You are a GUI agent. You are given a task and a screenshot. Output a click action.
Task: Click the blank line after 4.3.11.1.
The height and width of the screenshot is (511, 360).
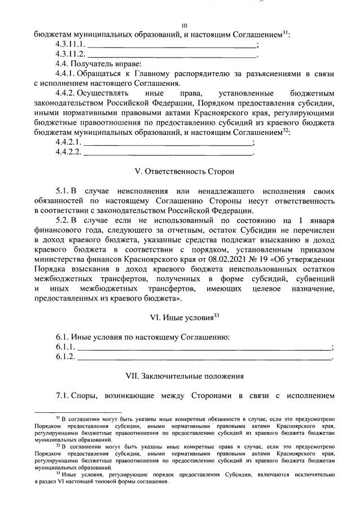[172, 45]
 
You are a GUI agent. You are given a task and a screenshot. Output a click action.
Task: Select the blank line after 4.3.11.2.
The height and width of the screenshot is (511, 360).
[172, 55]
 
